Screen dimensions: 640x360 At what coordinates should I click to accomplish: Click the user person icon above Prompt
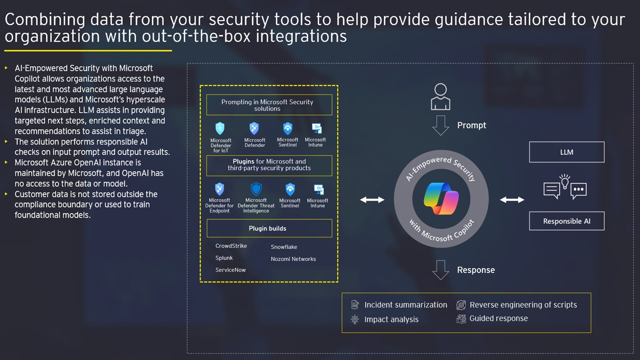[x=440, y=96]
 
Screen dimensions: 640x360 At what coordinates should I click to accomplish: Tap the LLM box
[x=566, y=152]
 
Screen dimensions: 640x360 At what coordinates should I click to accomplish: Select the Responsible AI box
[x=566, y=221]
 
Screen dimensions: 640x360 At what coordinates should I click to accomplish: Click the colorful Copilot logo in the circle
[x=441, y=198]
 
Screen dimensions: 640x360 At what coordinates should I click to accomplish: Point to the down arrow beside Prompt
[x=440, y=125]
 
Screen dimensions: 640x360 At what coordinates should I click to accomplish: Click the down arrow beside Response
[x=440, y=270]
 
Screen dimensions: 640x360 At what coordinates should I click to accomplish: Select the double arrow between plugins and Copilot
[x=372, y=199]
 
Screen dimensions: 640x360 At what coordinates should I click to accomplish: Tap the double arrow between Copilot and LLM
[x=512, y=199]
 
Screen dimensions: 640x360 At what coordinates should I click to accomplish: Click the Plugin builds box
[x=269, y=228]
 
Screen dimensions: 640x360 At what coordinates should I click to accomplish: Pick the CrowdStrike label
[x=231, y=245]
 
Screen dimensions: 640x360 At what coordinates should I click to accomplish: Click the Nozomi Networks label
[x=293, y=259]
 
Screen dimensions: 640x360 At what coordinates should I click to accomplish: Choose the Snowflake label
[x=284, y=247]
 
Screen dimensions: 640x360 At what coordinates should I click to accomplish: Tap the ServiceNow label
[x=230, y=269]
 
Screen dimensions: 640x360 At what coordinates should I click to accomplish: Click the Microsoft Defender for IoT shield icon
[x=219, y=128]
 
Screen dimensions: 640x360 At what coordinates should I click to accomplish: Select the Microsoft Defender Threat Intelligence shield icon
[x=256, y=189]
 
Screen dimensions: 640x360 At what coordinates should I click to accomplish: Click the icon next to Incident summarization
[x=355, y=305]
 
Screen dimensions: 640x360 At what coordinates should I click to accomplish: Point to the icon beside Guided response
[x=461, y=318]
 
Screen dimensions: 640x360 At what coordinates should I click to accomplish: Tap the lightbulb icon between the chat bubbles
[x=565, y=181]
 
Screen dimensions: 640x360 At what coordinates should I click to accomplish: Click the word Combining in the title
[x=45, y=20]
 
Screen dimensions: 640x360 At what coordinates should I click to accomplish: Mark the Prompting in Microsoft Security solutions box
[x=269, y=105]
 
